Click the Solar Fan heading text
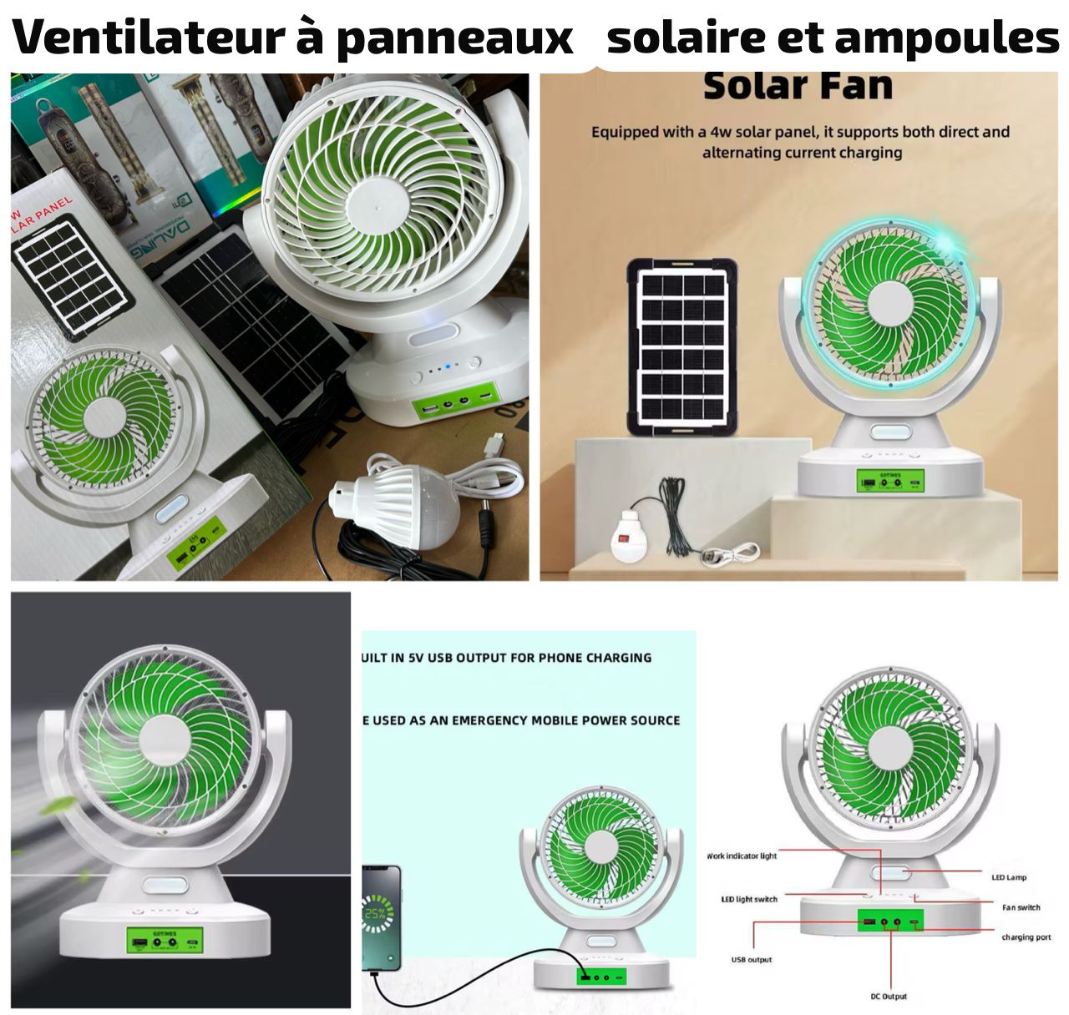click(x=798, y=87)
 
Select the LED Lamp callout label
click(x=1009, y=877)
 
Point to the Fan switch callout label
click(x=1021, y=907)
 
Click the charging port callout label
click(x=1026, y=937)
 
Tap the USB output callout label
click(x=752, y=960)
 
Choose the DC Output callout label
click(x=888, y=997)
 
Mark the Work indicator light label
click(x=742, y=856)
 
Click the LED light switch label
click(x=749, y=899)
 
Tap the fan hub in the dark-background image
click(x=164, y=739)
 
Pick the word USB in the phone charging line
click(x=439, y=658)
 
